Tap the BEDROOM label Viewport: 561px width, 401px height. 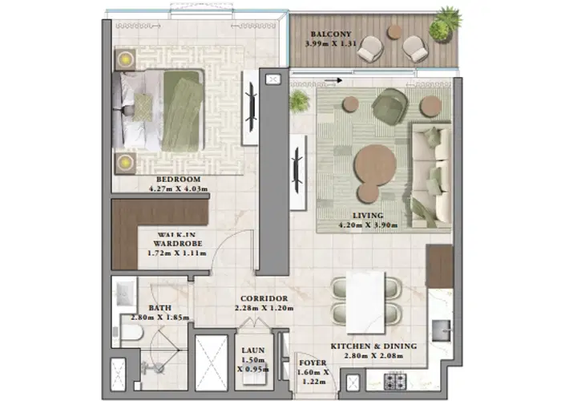point(178,179)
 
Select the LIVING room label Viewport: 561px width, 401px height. point(368,216)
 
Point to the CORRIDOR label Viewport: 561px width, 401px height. point(264,298)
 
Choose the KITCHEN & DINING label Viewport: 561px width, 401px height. point(374,346)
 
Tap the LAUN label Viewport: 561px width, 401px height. point(252,350)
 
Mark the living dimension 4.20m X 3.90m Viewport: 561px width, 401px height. point(368,225)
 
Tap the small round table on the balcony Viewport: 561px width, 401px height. point(394,33)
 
